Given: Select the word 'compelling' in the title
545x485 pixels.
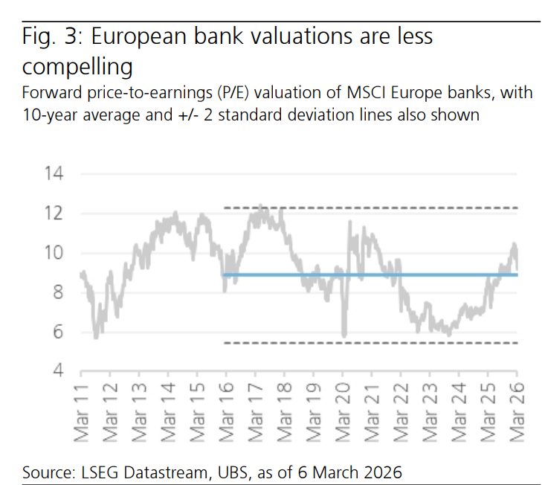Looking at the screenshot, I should click(x=77, y=67).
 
